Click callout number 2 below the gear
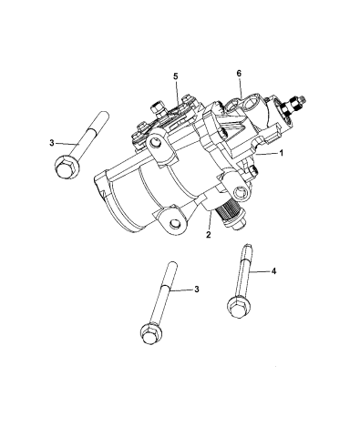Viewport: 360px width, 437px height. [x=208, y=234]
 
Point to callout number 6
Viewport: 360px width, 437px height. [x=238, y=72]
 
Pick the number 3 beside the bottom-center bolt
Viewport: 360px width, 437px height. [x=198, y=289]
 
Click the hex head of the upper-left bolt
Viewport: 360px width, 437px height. [x=67, y=167]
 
